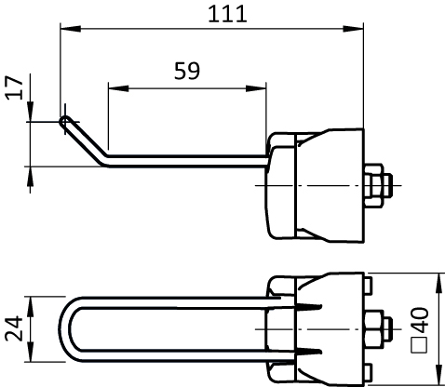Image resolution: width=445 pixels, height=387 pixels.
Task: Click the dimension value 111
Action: click(x=227, y=14)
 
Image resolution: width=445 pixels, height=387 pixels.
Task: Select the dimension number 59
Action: click(x=187, y=71)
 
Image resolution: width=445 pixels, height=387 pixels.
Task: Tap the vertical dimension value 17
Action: click(x=15, y=87)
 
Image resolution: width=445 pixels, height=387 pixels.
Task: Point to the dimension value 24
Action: click(x=14, y=328)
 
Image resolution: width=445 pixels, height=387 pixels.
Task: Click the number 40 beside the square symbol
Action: click(x=420, y=319)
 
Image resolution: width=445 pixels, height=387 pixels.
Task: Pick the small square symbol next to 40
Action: click(x=420, y=345)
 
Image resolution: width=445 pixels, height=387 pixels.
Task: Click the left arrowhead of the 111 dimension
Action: click(x=71, y=29)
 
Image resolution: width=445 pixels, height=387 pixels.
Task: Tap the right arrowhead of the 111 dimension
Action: click(x=353, y=29)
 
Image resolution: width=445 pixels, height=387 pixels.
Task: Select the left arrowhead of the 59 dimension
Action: click(x=118, y=88)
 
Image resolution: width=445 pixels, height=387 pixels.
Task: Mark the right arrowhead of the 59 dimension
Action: click(x=256, y=88)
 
